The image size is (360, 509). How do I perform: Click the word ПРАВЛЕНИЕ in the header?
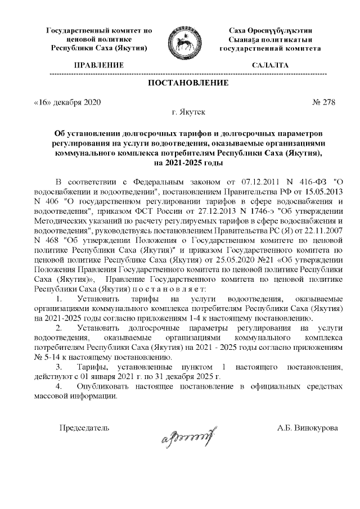[98, 65]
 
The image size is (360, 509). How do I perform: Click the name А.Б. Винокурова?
[307, 428]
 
